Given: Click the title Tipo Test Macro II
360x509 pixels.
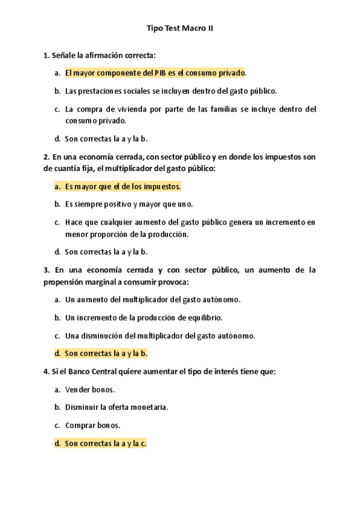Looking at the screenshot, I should [180, 28].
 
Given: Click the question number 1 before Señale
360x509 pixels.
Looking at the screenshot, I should [46, 55].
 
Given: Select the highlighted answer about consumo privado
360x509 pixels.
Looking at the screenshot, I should [155, 73].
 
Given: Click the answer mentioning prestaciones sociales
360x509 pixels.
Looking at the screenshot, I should [170, 91].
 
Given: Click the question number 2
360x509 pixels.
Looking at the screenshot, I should [46, 157].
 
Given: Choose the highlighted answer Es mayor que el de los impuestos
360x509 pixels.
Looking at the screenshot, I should [123, 187].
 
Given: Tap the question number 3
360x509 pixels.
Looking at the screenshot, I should [46, 270].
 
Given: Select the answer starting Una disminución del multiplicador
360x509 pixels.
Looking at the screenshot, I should [160, 336].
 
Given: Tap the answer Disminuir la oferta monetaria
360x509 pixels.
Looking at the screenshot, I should [116, 407].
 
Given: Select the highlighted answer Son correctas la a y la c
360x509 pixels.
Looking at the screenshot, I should [106, 443].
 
